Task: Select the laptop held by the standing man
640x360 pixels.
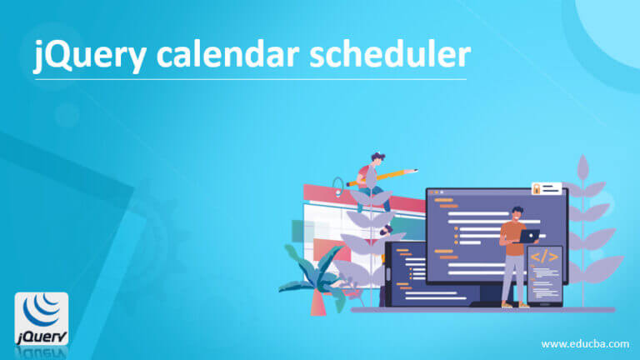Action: click(x=528, y=236)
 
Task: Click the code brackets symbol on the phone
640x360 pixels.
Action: click(x=545, y=257)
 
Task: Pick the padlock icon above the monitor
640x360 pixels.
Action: click(x=537, y=189)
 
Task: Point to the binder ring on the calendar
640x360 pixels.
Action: click(x=337, y=184)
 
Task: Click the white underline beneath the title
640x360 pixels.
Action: click(x=250, y=80)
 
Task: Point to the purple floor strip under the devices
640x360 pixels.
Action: click(x=483, y=310)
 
